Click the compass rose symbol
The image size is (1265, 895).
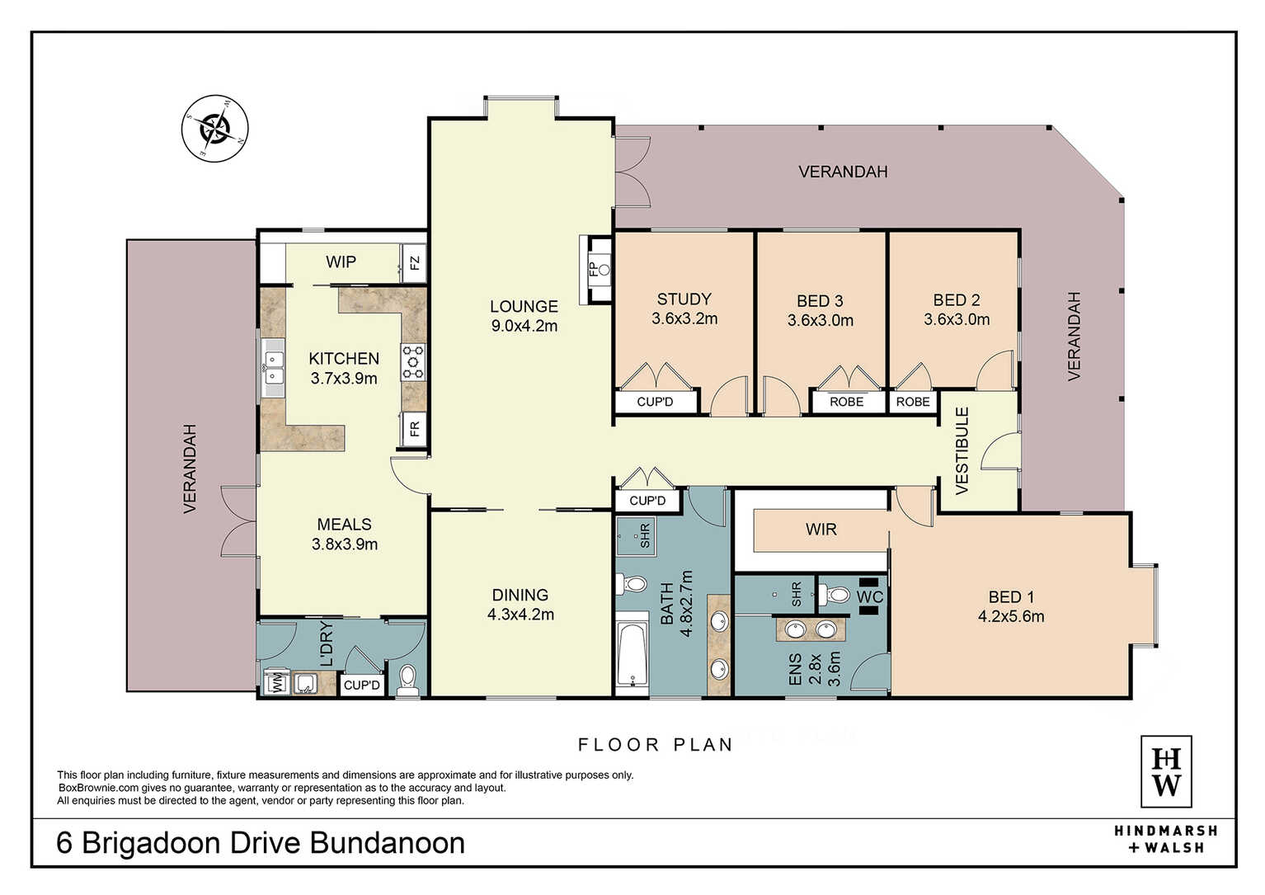click(214, 129)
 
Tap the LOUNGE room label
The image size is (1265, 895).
click(524, 306)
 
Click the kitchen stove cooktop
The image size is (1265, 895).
click(413, 362)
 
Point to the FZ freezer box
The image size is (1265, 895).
click(414, 263)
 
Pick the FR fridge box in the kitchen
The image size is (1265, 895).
click(415, 430)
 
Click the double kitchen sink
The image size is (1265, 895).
click(273, 368)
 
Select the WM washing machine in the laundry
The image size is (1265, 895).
click(277, 682)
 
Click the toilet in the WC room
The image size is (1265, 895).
click(834, 595)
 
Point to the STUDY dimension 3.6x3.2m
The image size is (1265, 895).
click(684, 318)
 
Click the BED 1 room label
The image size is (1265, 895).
click(1011, 596)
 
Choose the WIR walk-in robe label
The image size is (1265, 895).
click(821, 530)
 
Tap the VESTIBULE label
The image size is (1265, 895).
click(962, 450)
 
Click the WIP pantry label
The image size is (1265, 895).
click(341, 261)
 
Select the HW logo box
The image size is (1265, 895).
click(1166, 772)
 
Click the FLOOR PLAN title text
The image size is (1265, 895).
click(656, 745)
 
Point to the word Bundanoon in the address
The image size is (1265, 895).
click(387, 842)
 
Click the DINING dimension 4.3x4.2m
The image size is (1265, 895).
click(520, 615)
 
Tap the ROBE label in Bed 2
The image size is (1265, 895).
click(913, 402)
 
